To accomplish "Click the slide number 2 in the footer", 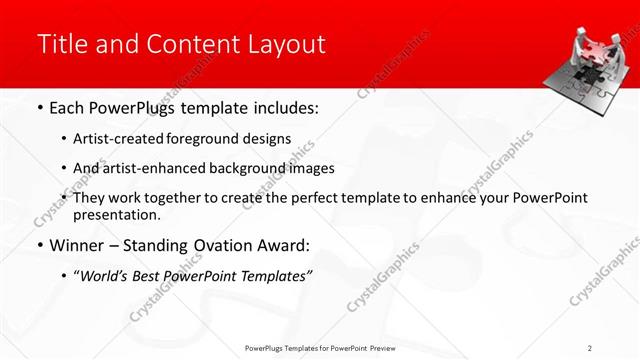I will point(590,347).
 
